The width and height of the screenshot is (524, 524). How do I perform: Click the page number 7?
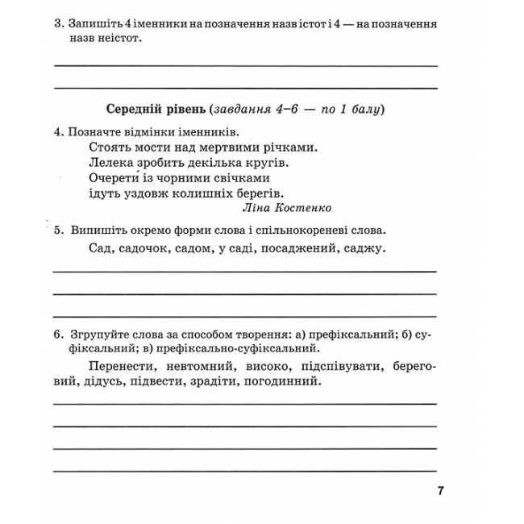tap(440, 490)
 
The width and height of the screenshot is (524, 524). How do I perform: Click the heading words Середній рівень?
tap(154, 108)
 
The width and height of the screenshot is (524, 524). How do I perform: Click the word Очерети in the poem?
tap(113, 177)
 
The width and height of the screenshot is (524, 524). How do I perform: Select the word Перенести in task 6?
tap(118, 367)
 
